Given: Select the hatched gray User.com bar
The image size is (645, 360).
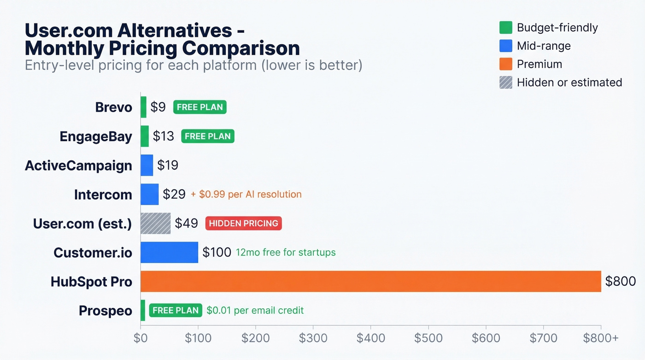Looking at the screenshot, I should pos(155,224).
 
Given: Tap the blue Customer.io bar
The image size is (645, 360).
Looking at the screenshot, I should pos(169,252).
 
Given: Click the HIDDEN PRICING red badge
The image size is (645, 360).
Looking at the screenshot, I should pos(243,224).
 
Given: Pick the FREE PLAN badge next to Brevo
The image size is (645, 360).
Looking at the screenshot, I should pos(199,107).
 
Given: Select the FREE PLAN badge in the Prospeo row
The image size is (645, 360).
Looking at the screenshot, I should pos(176,310).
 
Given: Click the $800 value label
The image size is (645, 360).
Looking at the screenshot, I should pos(620,281).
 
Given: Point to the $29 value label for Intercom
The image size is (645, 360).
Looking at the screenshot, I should pos(175,195).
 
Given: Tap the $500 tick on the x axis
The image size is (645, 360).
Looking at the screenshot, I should pos(428,338).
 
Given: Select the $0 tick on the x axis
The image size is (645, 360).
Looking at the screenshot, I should pos(141,338).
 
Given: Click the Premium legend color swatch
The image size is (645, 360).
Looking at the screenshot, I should pos(505,64).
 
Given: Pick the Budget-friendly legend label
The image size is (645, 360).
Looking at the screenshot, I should pos(557,28).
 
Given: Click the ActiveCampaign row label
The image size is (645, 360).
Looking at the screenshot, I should pos(78,165).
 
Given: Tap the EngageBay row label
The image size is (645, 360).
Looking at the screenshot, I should pos(96,136).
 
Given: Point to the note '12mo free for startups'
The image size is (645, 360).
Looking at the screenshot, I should pos(286,253).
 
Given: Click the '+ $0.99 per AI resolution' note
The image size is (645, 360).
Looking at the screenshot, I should pos(246,195).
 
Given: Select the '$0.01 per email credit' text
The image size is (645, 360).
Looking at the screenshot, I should pos(255,310).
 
